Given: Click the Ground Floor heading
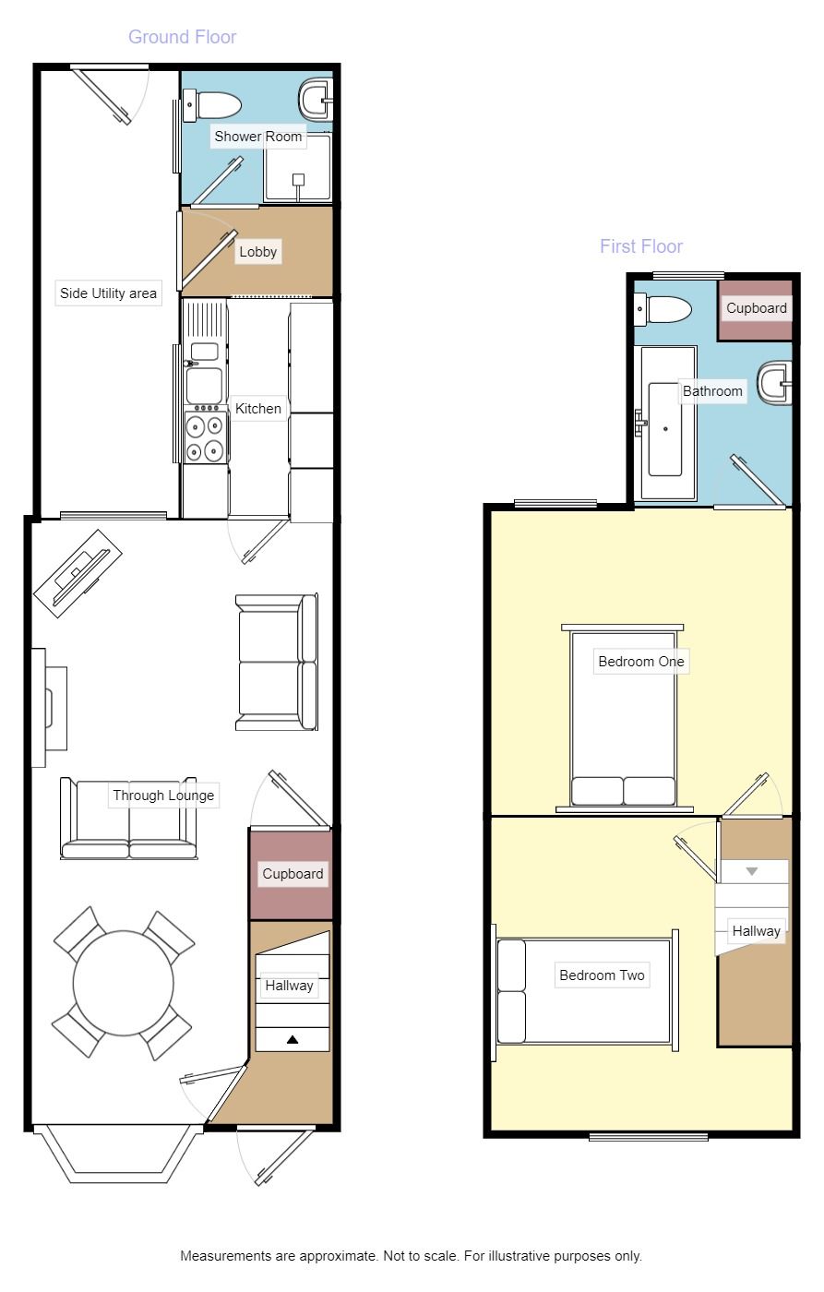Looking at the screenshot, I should pyautogui.click(x=182, y=37).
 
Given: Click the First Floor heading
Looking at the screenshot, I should pyautogui.click(x=641, y=246).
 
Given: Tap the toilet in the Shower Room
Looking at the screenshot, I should pyautogui.click(x=214, y=104).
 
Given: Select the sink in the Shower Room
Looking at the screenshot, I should pyautogui.click(x=316, y=98).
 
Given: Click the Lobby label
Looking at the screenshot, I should pyautogui.click(x=257, y=252).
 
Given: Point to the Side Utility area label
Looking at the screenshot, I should pyautogui.click(x=108, y=293).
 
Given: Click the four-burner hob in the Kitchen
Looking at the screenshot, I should pyautogui.click(x=205, y=437).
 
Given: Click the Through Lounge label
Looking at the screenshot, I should pyautogui.click(x=163, y=795).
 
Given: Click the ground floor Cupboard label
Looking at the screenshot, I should pyautogui.click(x=293, y=873).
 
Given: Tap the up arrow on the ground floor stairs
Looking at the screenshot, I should pyautogui.click(x=293, y=1039).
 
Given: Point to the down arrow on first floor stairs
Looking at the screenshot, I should pyautogui.click(x=751, y=871).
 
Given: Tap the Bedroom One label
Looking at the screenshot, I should pyautogui.click(x=641, y=662).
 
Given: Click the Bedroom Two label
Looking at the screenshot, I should pyautogui.click(x=602, y=975).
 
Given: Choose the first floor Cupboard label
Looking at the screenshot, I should pyautogui.click(x=756, y=308).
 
